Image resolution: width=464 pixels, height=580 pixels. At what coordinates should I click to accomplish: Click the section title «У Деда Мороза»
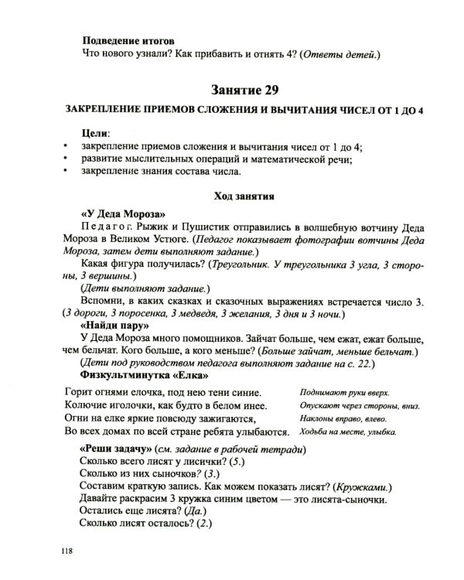[x=123, y=213]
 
